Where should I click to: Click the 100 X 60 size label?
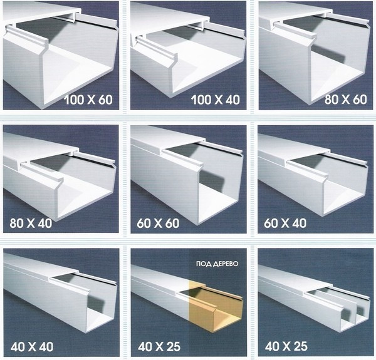88,100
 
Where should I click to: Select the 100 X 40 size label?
216,100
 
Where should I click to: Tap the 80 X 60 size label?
346,100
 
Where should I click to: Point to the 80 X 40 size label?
31,224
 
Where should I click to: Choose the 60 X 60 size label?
158,224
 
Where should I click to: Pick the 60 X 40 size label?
285,224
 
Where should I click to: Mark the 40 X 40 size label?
32,347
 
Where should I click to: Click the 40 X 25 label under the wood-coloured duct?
159,347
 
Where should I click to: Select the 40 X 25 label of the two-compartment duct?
286,346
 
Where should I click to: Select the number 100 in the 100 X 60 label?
73,100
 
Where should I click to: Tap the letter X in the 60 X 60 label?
158,224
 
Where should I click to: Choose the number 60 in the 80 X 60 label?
360,100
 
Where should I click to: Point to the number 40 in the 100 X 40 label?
232,100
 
